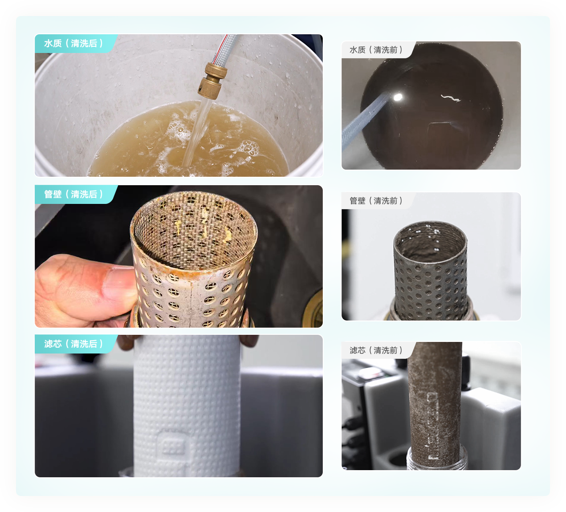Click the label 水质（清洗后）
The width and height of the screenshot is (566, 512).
click(x=73, y=43)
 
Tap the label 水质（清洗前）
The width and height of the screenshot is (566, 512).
click(x=376, y=50)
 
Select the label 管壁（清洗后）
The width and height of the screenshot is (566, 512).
click(x=73, y=194)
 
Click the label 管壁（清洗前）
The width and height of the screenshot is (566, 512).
click(x=376, y=201)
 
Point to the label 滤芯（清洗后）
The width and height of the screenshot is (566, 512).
click(x=73, y=344)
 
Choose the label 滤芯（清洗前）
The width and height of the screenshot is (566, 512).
click(x=376, y=350)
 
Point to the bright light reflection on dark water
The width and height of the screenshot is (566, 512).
click(x=398, y=98)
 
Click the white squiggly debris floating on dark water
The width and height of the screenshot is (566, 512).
click(x=451, y=98)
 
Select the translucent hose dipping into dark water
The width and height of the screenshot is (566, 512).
click(x=366, y=121)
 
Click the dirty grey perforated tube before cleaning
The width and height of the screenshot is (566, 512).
click(x=431, y=270)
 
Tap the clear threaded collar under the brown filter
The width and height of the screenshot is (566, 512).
click(x=436, y=460)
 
